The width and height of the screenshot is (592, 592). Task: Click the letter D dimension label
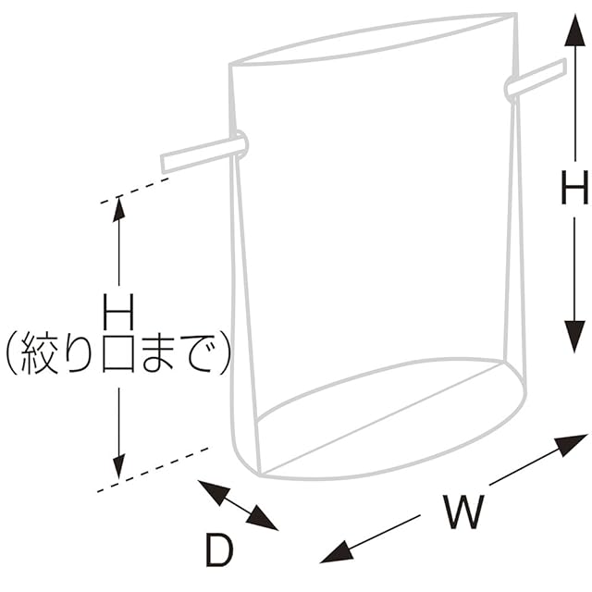[218, 551]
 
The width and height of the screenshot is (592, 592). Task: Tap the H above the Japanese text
[118, 311]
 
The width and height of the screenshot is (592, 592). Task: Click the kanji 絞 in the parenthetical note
[43, 354]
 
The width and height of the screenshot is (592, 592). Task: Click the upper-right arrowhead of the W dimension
[573, 443]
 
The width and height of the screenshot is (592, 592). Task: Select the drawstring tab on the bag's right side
[536, 80]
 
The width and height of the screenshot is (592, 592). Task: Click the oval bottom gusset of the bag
[388, 420]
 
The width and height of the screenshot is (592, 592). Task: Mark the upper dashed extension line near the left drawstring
[134, 191]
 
